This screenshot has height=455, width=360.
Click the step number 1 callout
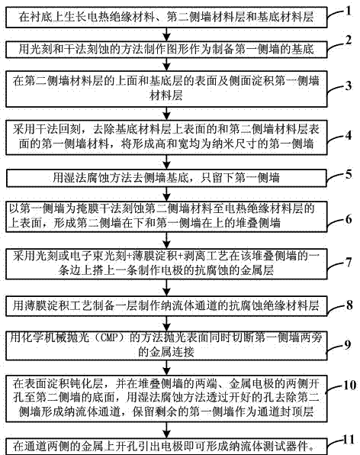(348, 11)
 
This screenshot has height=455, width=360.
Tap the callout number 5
(348, 174)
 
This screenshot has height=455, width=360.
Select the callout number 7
(349, 263)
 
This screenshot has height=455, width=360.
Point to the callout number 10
(349, 385)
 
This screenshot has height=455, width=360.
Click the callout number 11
(349, 440)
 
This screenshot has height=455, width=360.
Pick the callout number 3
(349, 86)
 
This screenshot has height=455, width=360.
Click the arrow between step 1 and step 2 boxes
(166, 34)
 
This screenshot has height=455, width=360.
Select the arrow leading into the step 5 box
(166, 162)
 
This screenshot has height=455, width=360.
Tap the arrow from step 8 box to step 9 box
(166, 324)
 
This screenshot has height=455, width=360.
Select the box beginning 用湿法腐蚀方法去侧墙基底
(166, 178)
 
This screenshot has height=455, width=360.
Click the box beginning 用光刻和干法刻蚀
(166, 50)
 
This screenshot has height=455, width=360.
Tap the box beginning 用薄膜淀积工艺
(166, 306)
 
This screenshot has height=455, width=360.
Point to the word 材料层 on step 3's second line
(166, 95)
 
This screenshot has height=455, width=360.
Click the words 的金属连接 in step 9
(166, 352)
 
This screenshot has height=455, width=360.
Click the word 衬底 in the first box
(41, 17)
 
